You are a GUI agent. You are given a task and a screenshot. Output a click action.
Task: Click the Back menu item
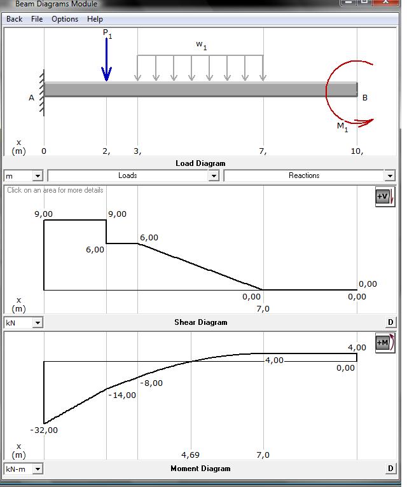[x=14, y=19]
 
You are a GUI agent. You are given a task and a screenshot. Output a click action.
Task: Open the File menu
[x=37, y=19]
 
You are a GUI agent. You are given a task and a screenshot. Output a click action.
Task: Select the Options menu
[x=65, y=19]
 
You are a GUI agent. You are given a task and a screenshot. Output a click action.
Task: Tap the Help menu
[x=95, y=19]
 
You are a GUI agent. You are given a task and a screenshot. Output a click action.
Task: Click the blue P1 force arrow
[x=107, y=59]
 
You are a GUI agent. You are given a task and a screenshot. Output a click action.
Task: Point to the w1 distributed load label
[x=202, y=45]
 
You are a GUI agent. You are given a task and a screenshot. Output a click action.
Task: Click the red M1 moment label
[x=342, y=127]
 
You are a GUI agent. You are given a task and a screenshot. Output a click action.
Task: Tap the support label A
[x=31, y=98]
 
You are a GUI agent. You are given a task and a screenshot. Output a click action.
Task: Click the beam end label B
[x=365, y=98]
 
